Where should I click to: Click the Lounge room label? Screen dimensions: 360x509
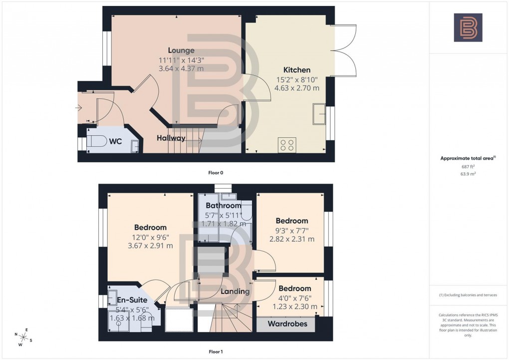click(181, 50)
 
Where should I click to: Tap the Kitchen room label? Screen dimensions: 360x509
click(297, 70)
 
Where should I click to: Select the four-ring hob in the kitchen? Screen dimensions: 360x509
click(287, 144)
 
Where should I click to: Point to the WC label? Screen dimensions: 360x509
click(116, 141)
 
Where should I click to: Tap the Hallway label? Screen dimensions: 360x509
click(171, 138)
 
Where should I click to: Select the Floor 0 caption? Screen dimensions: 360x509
click(216, 173)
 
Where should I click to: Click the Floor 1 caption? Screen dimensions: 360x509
click(216, 352)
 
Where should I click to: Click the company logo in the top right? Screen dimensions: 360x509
click(468, 27)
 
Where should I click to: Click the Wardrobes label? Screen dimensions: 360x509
click(286, 324)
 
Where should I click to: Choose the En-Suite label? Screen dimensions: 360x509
click(132, 301)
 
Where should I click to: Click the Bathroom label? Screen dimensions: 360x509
click(224, 206)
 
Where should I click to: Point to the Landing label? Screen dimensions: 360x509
click(236, 292)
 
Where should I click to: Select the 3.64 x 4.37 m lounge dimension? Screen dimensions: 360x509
click(181, 68)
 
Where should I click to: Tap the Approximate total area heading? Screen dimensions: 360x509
click(468, 158)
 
